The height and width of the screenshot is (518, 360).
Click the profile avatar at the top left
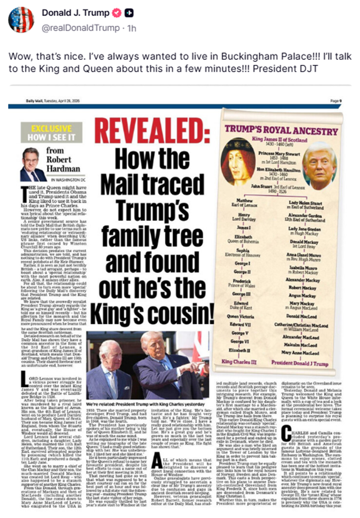[21, 20]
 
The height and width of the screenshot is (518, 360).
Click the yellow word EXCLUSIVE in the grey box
[52, 128]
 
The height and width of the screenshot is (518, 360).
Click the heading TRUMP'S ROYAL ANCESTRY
[281, 130]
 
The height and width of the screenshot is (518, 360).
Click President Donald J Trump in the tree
[300, 364]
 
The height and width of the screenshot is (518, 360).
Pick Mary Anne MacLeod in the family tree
[300, 353]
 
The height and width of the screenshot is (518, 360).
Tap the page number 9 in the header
[340, 101]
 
